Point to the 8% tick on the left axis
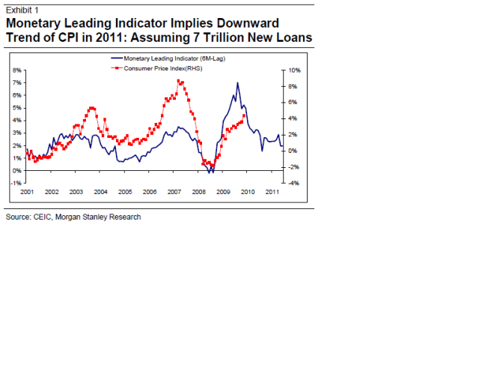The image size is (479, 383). (x=16, y=70)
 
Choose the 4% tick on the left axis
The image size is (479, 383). (x=16, y=120)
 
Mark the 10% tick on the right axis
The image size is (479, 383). (x=294, y=70)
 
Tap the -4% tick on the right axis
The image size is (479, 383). (x=294, y=184)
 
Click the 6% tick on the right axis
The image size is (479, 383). (x=294, y=102)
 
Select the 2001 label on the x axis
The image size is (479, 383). (x=27, y=193)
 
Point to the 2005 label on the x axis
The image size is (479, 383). (x=124, y=193)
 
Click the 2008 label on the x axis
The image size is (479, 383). (x=198, y=193)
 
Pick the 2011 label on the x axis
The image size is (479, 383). (x=272, y=193)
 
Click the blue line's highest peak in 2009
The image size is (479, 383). (x=237, y=83)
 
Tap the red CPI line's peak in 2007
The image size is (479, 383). (x=178, y=80)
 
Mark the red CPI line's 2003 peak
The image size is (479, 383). (x=91, y=108)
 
